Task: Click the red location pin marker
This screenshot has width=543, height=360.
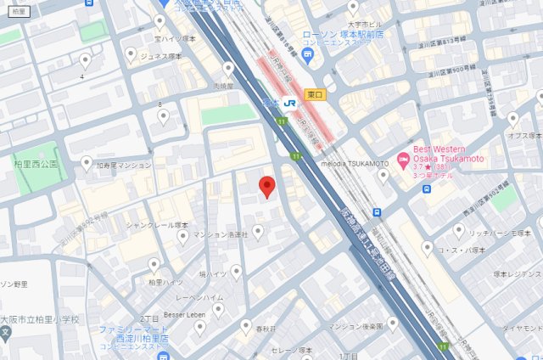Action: point(266,187)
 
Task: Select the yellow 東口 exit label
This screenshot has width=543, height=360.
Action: point(313,95)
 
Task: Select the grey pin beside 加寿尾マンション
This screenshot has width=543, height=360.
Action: point(87,162)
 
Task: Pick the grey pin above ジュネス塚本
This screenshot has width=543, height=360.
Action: point(130,53)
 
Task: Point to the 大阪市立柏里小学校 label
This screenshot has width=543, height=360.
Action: point(39,319)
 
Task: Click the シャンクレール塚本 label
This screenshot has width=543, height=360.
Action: point(157,225)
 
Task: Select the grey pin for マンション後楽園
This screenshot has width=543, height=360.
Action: point(392,323)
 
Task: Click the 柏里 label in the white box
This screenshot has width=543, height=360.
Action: point(20,11)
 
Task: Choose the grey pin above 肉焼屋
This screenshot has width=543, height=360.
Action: point(228,69)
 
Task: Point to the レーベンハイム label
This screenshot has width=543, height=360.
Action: point(199,299)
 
